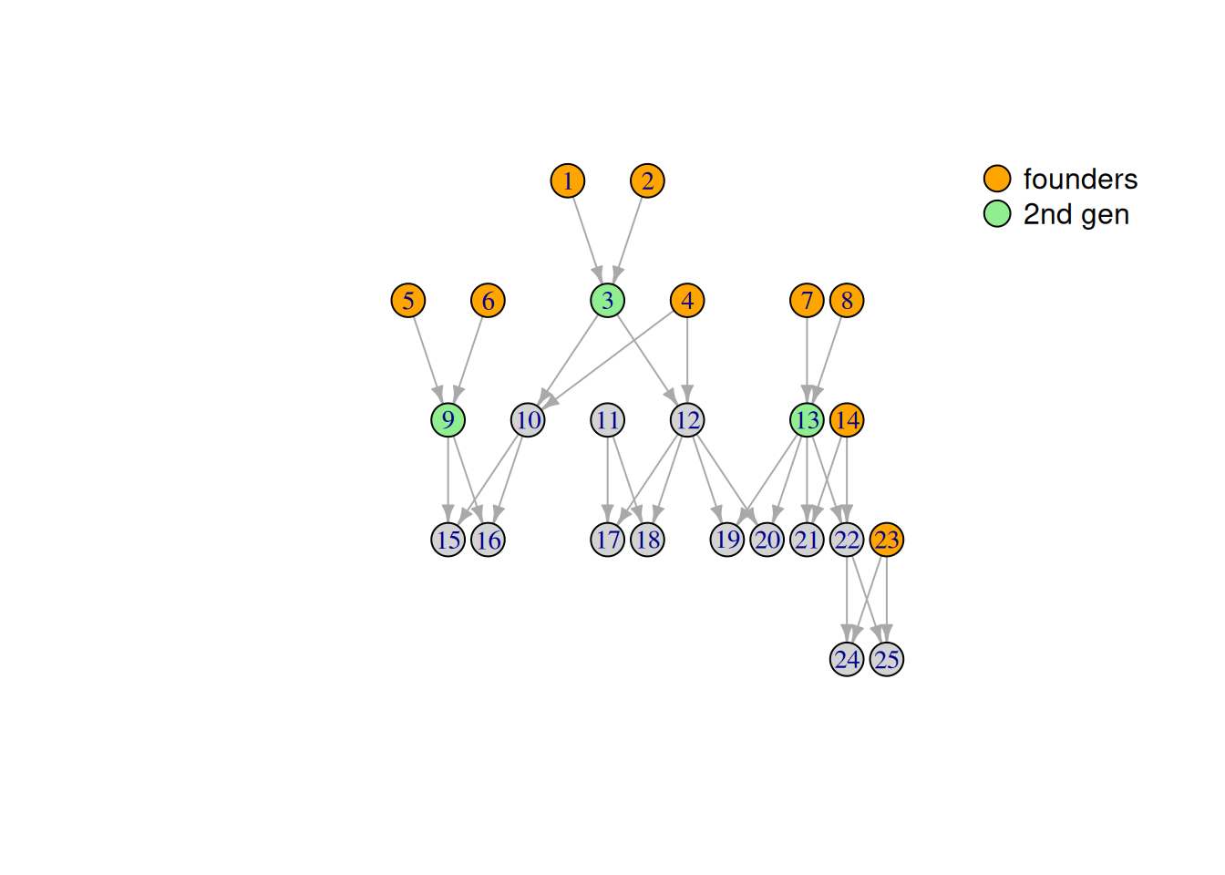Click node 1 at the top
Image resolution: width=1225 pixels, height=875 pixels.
pos(568,180)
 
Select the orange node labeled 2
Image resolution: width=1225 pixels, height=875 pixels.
pos(647,180)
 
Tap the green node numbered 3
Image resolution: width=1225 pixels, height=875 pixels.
pos(608,300)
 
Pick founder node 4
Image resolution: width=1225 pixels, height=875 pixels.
pos(687,300)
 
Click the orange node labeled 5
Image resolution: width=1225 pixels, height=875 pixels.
pos(408,300)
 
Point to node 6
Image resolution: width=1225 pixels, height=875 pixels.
pos(488,300)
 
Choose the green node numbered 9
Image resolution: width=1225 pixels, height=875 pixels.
pos(448,420)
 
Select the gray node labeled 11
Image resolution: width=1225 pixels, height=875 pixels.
pos(608,420)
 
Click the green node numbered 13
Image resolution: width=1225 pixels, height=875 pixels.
pos(807,420)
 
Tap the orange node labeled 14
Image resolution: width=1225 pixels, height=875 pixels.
pos(847,420)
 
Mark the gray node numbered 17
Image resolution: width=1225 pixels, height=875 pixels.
pos(608,540)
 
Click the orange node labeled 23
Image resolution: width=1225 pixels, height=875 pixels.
pos(887,540)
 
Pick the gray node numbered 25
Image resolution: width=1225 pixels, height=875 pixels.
pos(887,659)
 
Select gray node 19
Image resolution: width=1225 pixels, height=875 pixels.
pos(727,540)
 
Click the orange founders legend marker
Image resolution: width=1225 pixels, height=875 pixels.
pos(997,179)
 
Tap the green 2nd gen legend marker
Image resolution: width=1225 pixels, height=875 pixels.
pos(997,213)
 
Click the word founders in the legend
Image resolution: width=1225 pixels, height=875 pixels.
pos(1080,180)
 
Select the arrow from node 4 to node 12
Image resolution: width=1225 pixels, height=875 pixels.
pos(687,360)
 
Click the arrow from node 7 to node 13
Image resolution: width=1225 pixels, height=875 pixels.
pos(807,360)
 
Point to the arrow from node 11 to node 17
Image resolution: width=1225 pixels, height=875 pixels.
pos(608,479)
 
